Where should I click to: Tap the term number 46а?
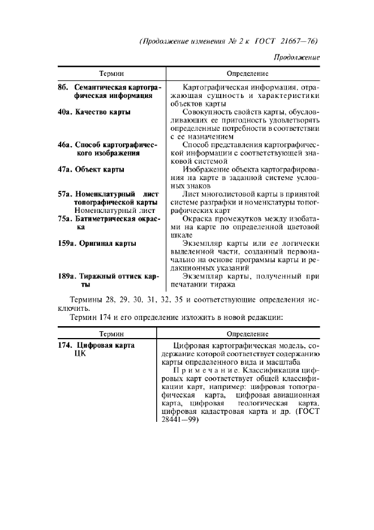click(x=66, y=145)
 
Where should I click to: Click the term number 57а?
click(x=66, y=194)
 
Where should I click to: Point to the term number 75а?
click(x=66, y=219)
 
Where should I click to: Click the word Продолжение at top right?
click(x=296, y=58)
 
